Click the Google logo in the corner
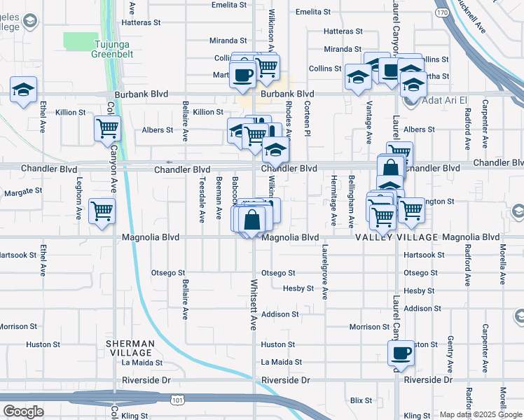point(23,411)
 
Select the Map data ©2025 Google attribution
point(481,414)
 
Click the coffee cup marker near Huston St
point(401,353)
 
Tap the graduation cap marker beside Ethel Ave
point(24,90)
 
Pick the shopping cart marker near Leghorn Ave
point(102,211)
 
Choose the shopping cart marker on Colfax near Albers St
point(108,128)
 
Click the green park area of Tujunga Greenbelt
point(80,41)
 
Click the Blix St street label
point(361,400)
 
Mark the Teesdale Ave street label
point(202,199)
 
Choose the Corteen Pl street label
point(307,113)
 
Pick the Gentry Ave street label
point(450,353)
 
